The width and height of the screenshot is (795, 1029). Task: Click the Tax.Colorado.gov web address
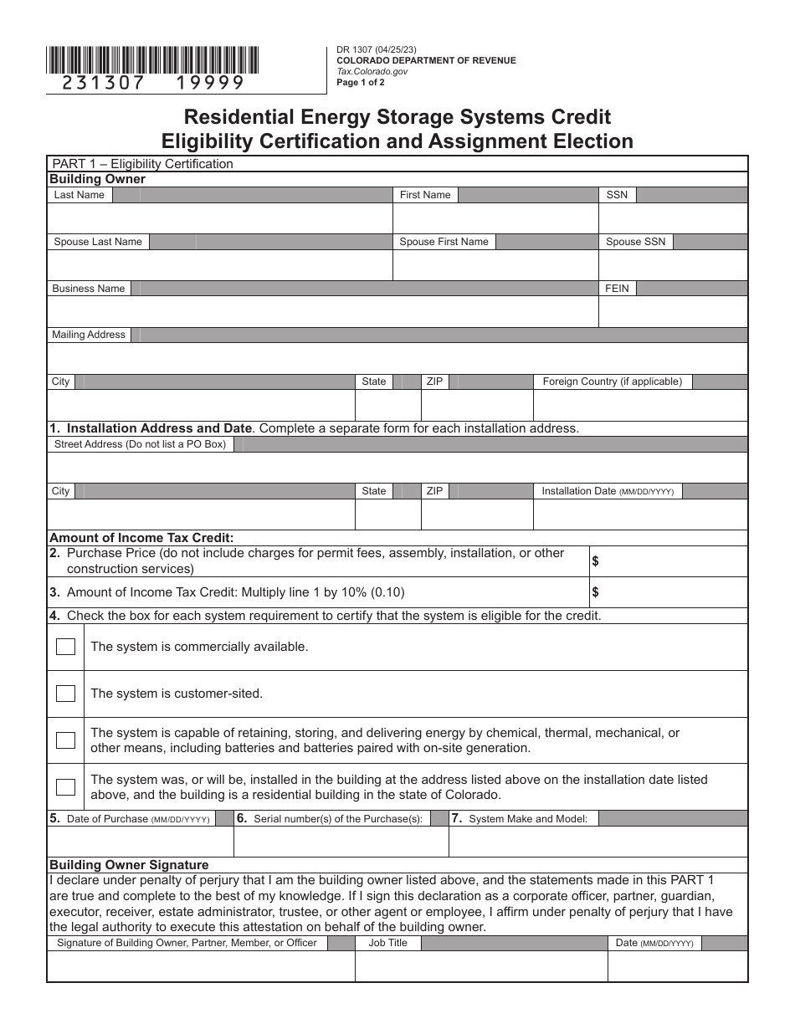372,72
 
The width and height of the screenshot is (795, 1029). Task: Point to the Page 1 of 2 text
361,83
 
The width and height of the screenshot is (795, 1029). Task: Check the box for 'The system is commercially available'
65,647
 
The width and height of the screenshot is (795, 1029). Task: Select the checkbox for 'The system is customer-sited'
65,694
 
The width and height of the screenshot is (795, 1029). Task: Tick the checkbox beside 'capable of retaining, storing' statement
65,740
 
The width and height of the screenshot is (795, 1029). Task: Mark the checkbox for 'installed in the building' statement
65,786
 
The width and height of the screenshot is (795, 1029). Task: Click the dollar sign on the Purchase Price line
595,561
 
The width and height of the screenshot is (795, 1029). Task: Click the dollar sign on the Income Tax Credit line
595,592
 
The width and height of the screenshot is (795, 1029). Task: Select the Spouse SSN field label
635,242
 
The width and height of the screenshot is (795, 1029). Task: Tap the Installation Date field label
607,491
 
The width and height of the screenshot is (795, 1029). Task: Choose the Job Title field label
387,943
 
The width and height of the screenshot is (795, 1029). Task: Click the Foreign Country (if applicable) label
612,381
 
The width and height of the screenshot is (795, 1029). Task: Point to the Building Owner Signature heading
129,865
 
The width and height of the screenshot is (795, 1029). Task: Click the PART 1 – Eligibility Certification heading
142,164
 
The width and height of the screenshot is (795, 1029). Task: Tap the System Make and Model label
527,819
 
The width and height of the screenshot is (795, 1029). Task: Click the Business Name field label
88,289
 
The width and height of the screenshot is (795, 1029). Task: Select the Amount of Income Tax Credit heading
141,538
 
